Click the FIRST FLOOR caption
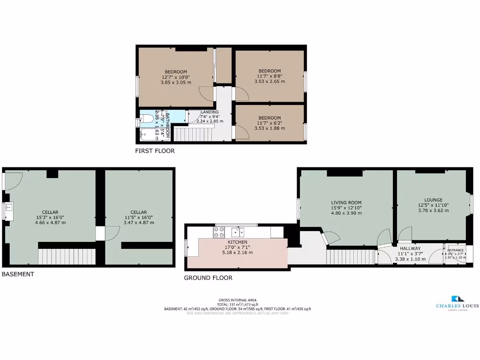click(x=155, y=151)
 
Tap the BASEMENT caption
click(x=18, y=274)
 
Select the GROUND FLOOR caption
click(x=208, y=277)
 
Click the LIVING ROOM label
click(x=346, y=202)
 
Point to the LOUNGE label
click(x=433, y=200)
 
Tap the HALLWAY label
click(x=410, y=248)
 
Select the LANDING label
click(x=210, y=112)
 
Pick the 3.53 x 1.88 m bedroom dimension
click(x=270, y=128)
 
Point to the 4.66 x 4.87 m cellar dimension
click(x=50, y=223)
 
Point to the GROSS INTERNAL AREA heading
click(x=238, y=300)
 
